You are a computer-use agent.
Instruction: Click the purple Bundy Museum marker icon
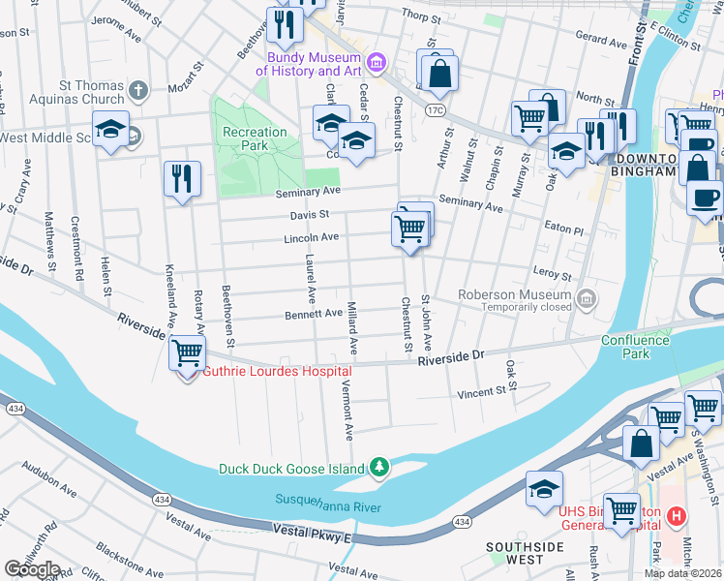(x=377, y=64)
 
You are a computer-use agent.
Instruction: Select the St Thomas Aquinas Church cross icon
(x=138, y=92)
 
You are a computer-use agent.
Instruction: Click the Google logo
(x=32, y=569)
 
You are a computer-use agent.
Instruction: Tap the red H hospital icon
(x=677, y=516)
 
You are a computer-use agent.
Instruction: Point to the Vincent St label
(x=481, y=393)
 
